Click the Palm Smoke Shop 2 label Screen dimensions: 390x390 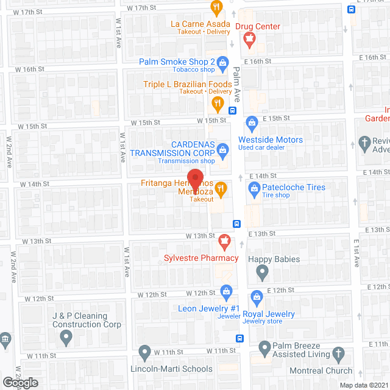[x=177, y=62]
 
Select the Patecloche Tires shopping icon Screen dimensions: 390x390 [x=255, y=191]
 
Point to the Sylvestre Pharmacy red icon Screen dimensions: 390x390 [x=225, y=243]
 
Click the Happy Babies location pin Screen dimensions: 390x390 [x=262, y=274]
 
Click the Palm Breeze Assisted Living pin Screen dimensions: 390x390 [x=264, y=349]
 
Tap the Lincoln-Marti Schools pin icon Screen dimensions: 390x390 [x=144, y=352]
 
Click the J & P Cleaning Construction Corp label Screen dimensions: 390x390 [x=80, y=321]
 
